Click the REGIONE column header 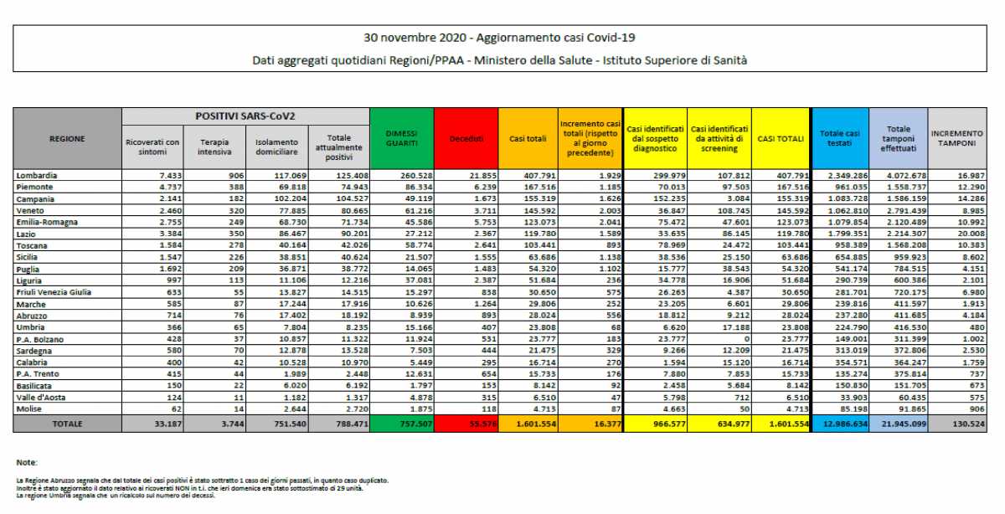[x=67, y=138]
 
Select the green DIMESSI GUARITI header [x=402, y=138]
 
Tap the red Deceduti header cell [x=466, y=138]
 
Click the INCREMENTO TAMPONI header [x=956, y=138]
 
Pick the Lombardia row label [x=37, y=175]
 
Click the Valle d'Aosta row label [x=40, y=398]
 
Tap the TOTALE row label [x=67, y=424]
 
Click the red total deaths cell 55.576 [x=466, y=424]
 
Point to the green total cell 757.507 [x=402, y=424]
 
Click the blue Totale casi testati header [x=840, y=138]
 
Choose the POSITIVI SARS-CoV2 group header [x=245, y=116]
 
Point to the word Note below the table [x=26, y=462]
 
